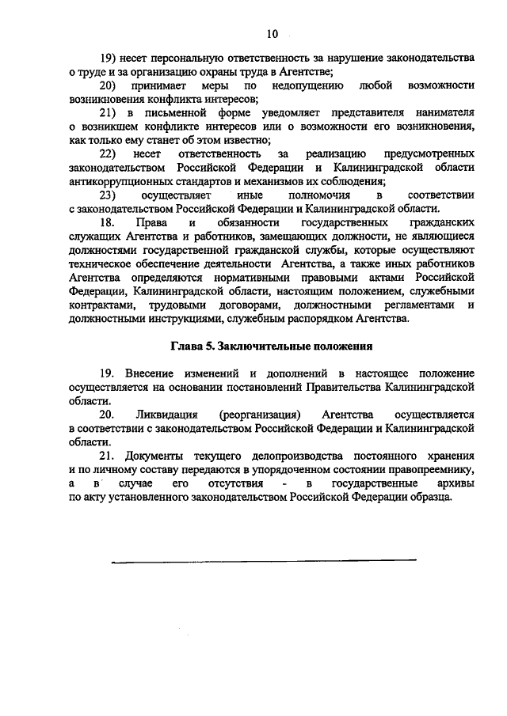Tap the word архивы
452,483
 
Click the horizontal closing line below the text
264,560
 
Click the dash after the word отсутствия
284,483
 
